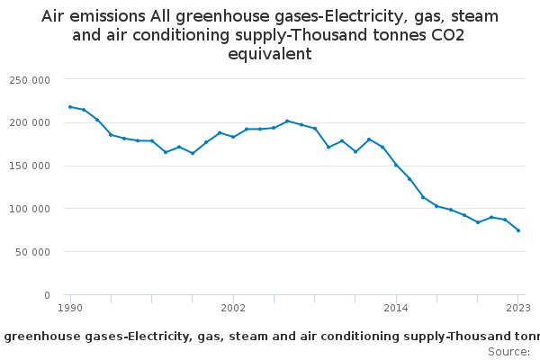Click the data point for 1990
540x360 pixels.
(x=70, y=107)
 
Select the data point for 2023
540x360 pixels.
(x=518, y=230)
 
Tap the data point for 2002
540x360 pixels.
(x=233, y=137)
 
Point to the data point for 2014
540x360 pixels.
(x=396, y=165)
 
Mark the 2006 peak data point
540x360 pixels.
(x=287, y=121)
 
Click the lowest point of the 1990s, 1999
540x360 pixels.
(x=193, y=153)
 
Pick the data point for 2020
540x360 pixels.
(x=478, y=222)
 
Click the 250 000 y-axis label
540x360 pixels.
(x=30, y=80)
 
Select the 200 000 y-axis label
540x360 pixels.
(x=30, y=122)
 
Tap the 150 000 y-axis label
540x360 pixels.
(x=30, y=166)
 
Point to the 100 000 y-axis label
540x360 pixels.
(x=30, y=209)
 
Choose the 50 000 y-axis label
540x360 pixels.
(x=32, y=252)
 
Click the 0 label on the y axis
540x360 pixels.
(x=46, y=295)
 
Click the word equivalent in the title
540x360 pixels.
(x=270, y=54)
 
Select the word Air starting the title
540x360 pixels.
(x=56, y=16)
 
